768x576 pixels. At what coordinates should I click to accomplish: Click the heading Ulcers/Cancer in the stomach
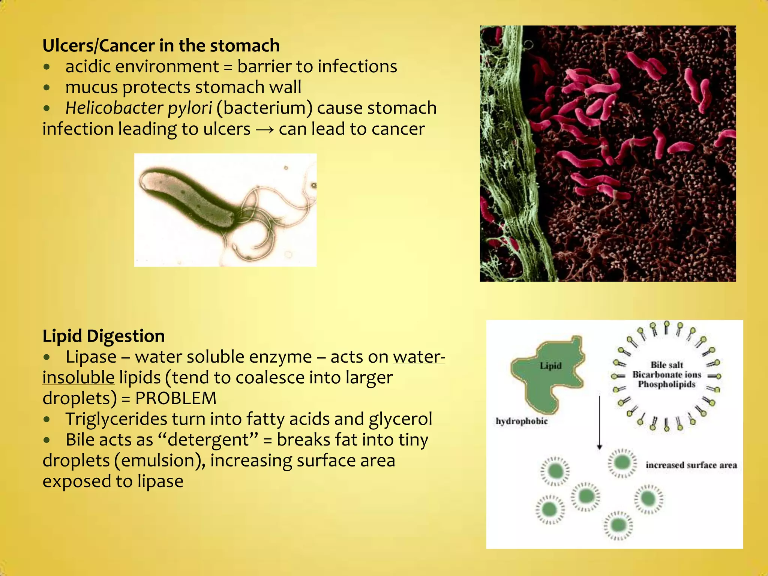161,46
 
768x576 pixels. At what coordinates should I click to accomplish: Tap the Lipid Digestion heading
103,336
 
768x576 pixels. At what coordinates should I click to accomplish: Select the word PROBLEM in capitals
176,398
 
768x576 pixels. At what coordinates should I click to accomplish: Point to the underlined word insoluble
78,378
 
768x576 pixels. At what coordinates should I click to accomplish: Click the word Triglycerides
116,419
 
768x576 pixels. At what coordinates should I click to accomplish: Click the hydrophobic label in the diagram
522,421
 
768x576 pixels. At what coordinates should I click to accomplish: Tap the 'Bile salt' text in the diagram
667,365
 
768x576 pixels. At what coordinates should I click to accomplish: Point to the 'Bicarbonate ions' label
667,375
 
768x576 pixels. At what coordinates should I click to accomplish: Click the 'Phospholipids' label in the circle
667,384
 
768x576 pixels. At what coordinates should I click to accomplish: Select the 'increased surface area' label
691,465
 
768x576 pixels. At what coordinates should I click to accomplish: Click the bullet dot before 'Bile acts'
46,440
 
